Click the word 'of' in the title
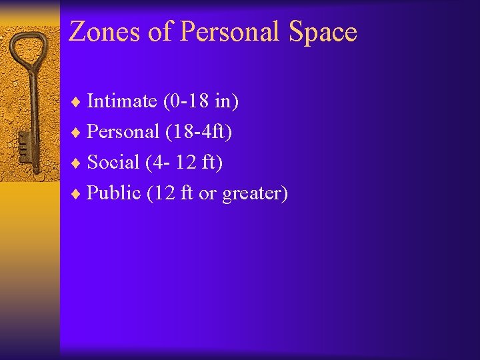tap(161, 32)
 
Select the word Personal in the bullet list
tap(123, 132)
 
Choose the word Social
tap(113, 162)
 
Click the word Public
tap(114, 193)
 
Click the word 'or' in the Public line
tap(208, 193)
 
